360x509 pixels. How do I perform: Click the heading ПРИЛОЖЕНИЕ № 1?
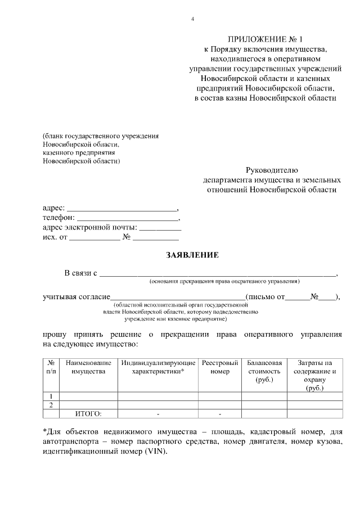click(x=265, y=39)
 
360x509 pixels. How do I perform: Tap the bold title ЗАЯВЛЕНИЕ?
click(x=192, y=255)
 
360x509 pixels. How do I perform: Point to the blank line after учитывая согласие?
click(x=177, y=297)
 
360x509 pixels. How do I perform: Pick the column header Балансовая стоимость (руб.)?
click(x=264, y=372)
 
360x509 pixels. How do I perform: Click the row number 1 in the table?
click(x=51, y=396)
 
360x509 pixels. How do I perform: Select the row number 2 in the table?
click(x=51, y=405)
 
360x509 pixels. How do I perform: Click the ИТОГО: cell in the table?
click(x=88, y=414)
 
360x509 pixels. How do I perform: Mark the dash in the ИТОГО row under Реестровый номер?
click(x=220, y=414)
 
